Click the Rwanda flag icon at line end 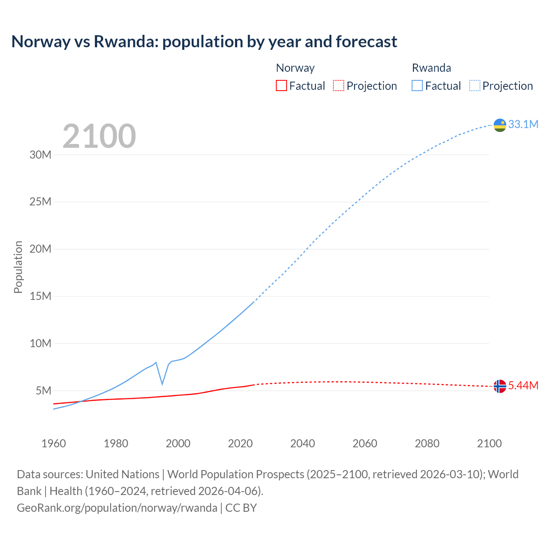coord(500,125)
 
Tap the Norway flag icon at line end coord(500,386)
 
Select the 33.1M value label coord(523,124)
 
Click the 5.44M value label coord(523,385)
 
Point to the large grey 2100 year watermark coord(99,136)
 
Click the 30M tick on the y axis coord(40,155)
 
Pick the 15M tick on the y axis coord(40,296)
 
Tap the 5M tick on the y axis coord(43,391)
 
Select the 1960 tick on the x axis coord(54,443)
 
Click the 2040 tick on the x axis coord(302,443)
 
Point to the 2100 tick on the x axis coord(489,443)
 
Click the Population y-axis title coord(18,267)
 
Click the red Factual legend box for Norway coord(281,86)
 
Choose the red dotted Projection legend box coord(339,86)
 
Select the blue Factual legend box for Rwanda coord(417,86)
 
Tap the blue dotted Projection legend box coord(475,86)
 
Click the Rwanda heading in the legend coord(431,68)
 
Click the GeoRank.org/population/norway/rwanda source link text coord(117,508)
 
